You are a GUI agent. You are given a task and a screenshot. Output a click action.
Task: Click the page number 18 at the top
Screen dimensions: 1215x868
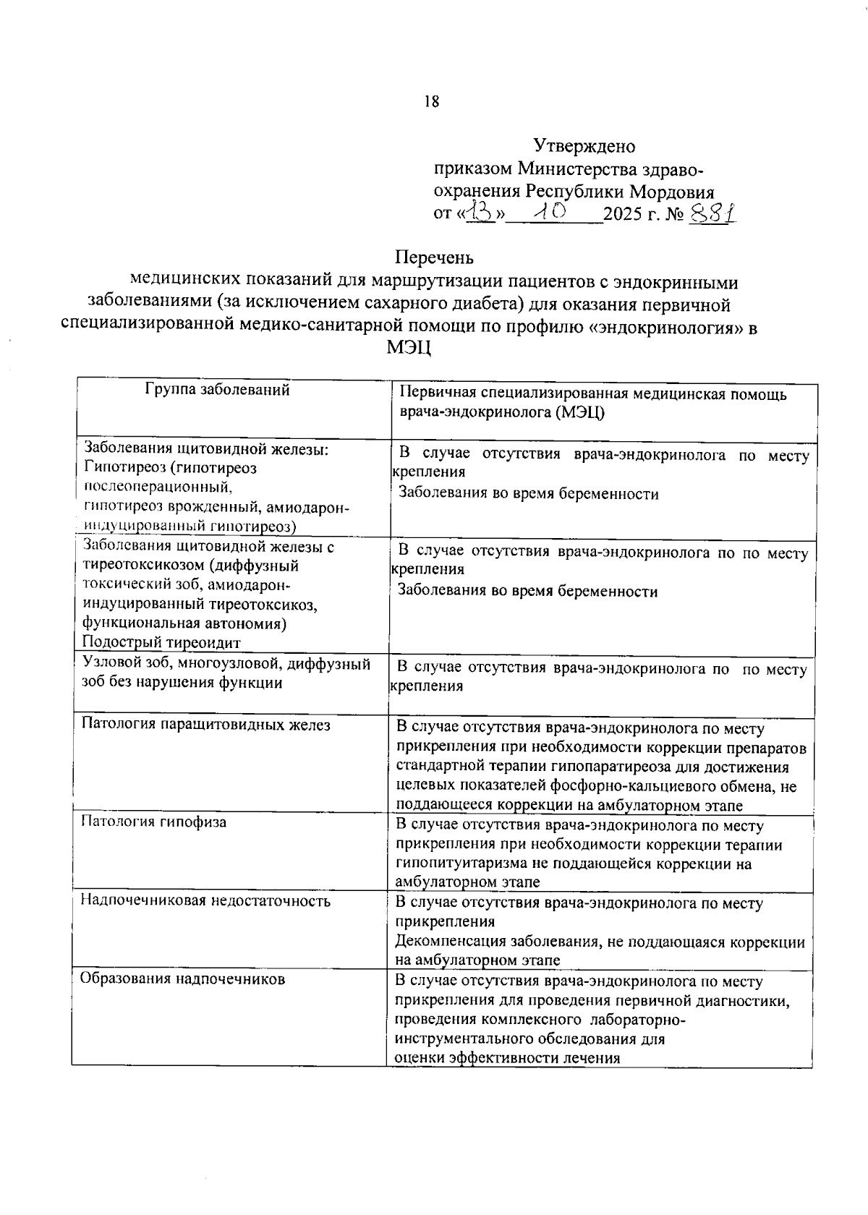point(432,101)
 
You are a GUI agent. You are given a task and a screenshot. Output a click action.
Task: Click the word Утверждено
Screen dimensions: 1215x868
point(584,146)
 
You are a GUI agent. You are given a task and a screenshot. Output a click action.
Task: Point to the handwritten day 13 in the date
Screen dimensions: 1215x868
point(480,212)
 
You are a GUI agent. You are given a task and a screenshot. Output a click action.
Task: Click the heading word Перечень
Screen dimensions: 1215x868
point(434,257)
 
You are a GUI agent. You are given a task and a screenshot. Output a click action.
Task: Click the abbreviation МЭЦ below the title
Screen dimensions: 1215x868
point(409,348)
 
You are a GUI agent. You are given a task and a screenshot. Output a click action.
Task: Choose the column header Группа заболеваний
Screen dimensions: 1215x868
point(218,390)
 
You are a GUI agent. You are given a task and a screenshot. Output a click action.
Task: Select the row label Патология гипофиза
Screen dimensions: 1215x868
point(153,822)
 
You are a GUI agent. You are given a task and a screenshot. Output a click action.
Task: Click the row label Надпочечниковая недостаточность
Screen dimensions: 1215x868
point(205,900)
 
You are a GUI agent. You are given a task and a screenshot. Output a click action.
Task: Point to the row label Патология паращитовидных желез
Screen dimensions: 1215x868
point(205,724)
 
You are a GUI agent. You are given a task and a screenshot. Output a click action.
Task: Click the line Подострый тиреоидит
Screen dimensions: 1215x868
point(161,642)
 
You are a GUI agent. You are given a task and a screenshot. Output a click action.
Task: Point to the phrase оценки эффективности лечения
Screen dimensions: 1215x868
point(508,1058)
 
